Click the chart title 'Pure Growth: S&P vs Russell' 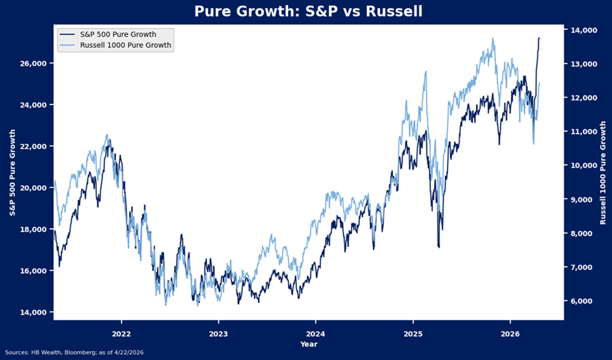308,12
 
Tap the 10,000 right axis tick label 581,166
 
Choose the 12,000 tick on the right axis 581,98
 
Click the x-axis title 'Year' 309,344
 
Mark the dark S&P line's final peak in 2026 539,38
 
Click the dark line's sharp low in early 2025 438,247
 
